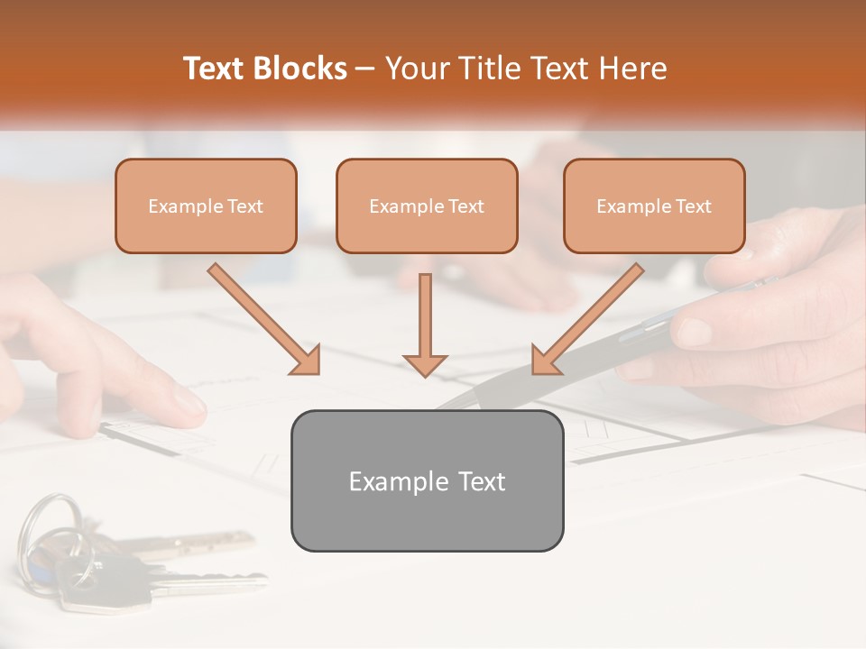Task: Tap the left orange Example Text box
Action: click(206, 206)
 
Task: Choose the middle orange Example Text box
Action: click(427, 206)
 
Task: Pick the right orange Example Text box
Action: click(654, 206)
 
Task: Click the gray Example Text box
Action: click(427, 480)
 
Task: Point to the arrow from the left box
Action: click(263, 318)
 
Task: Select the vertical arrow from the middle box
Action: click(425, 320)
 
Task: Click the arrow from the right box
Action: click(588, 318)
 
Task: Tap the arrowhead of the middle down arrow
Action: click(425, 365)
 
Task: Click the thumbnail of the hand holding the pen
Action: click(695, 331)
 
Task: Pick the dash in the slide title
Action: click(365, 69)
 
